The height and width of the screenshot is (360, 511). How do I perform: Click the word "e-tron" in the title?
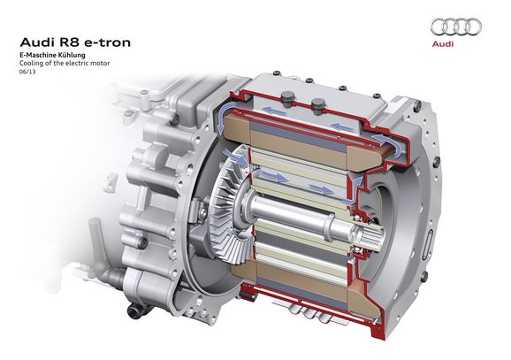tap(108, 42)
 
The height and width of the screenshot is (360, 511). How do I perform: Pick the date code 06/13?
tap(27, 72)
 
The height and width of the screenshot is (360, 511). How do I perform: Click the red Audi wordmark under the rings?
tap(443, 43)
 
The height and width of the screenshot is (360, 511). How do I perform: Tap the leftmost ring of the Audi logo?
tap(439, 27)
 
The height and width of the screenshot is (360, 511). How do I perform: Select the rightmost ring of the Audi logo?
tap(473, 27)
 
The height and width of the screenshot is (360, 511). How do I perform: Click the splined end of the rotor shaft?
tap(371, 234)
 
